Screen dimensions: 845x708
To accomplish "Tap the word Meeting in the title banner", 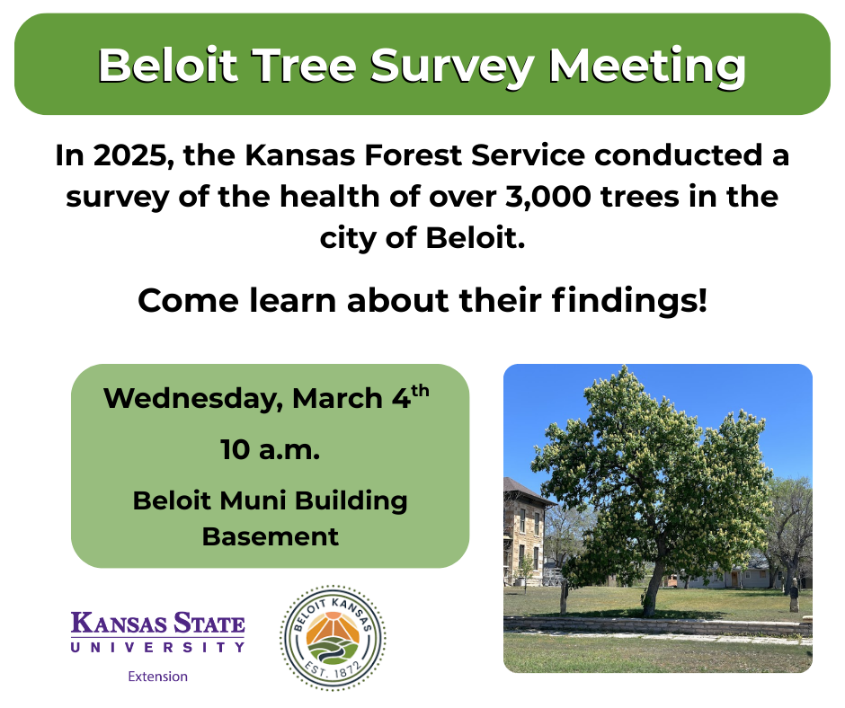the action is [x=646, y=66].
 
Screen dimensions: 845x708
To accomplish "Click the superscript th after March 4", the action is [x=421, y=391].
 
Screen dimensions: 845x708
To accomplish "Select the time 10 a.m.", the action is [x=270, y=450].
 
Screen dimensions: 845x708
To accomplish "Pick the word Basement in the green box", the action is [x=271, y=536].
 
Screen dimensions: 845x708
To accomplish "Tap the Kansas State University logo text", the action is [x=158, y=632].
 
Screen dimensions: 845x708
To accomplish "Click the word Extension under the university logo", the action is [x=158, y=677].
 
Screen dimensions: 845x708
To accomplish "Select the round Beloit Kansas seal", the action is [x=333, y=638].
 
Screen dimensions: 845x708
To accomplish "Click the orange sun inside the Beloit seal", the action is [x=333, y=627].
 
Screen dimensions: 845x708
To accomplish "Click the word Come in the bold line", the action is [x=188, y=301].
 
